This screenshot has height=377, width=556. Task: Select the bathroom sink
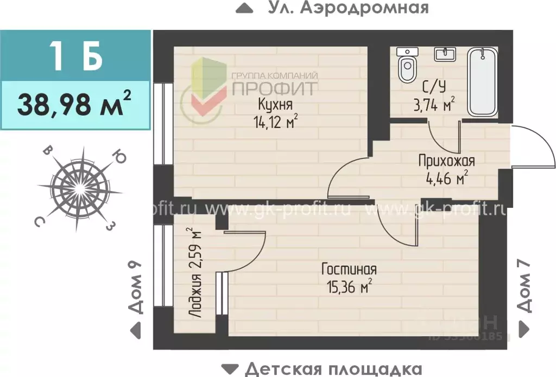(446, 54)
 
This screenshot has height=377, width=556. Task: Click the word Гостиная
(349, 269)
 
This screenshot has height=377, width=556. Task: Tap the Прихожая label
(446, 161)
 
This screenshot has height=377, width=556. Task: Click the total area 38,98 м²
(75, 105)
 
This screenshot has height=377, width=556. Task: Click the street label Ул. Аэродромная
(348, 8)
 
